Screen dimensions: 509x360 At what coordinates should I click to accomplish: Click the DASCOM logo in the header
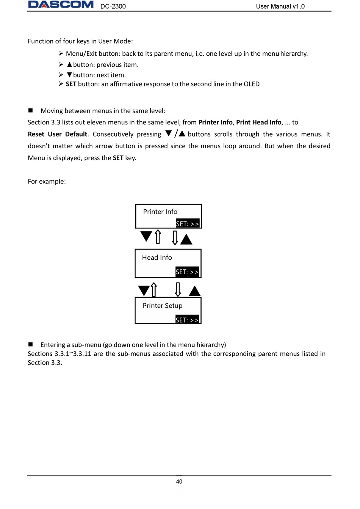(x=61, y=5)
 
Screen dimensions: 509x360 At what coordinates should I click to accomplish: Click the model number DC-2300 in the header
(x=113, y=6)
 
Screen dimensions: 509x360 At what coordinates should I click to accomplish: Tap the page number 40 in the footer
(x=179, y=482)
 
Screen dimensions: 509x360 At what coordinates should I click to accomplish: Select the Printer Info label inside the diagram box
(x=160, y=212)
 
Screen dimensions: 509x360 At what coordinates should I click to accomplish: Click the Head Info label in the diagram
(x=157, y=258)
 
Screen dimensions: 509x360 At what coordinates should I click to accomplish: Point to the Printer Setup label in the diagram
(x=163, y=306)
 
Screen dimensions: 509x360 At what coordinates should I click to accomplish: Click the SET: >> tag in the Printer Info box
(x=187, y=224)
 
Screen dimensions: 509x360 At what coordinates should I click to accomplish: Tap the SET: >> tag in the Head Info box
(x=187, y=272)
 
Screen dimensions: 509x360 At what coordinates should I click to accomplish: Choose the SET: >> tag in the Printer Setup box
(x=187, y=320)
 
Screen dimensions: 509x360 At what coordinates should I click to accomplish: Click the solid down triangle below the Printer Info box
(x=146, y=236)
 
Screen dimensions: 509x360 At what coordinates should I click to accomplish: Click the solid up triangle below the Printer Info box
(x=186, y=239)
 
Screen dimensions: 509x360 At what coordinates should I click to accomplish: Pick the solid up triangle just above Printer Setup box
(x=195, y=291)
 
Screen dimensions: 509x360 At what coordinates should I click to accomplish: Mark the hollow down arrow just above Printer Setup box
(x=178, y=289)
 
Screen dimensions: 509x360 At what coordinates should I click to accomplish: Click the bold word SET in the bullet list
(x=71, y=84)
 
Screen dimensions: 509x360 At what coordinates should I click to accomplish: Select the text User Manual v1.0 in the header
(x=280, y=6)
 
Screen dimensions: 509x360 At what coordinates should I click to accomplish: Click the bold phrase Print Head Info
(x=258, y=122)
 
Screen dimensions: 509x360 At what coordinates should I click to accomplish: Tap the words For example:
(x=47, y=182)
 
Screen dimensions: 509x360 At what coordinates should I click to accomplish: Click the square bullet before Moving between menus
(x=31, y=110)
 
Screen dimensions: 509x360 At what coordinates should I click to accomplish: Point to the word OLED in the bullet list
(x=251, y=84)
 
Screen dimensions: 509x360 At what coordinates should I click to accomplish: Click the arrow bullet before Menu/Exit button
(x=61, y=53)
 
